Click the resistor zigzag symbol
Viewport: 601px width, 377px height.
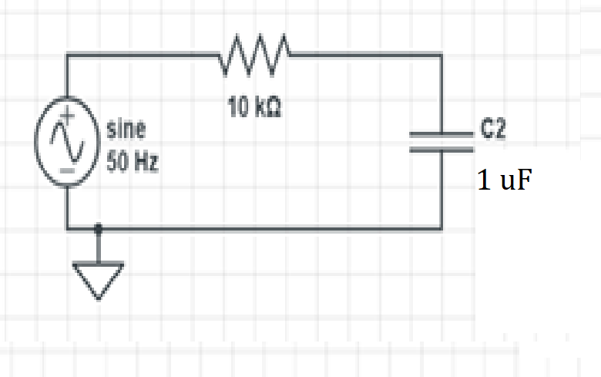(255, 55)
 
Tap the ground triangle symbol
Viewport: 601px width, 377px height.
(98, 279)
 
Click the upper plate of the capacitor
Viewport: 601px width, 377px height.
(442, 134)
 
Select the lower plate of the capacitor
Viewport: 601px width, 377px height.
(442, 149)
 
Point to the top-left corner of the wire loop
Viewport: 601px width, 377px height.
(68, 55)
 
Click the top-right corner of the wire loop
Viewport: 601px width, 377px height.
(442, 55)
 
